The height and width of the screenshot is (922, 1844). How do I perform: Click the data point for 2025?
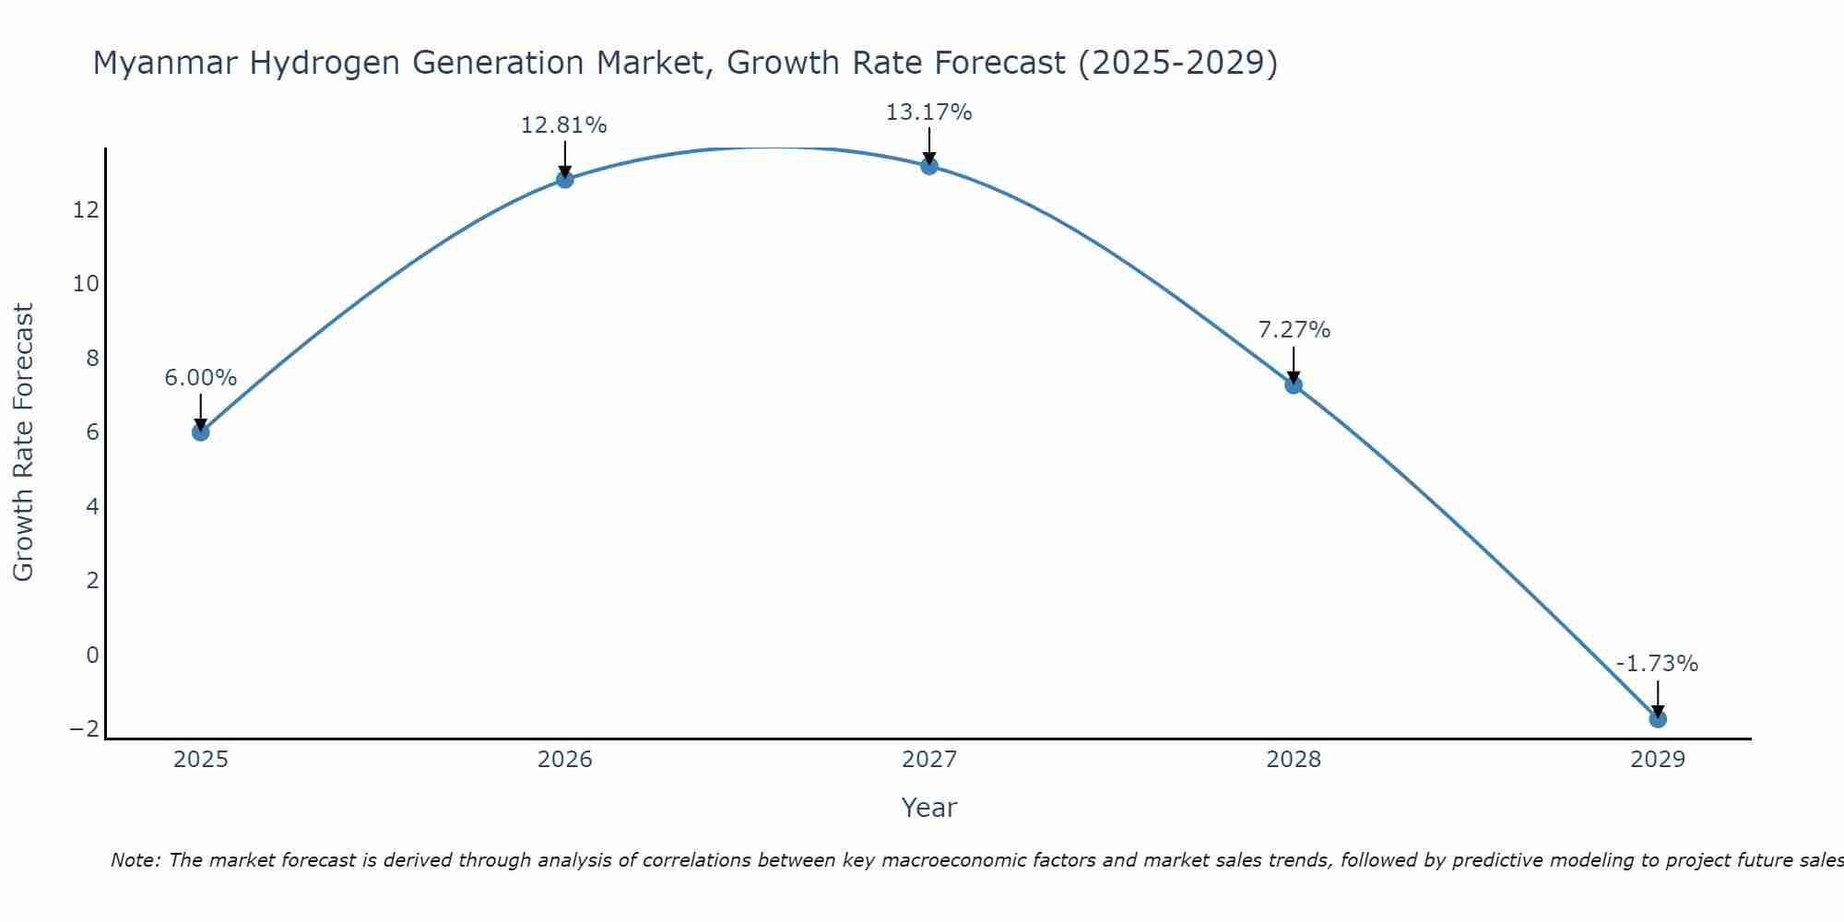[201, 431]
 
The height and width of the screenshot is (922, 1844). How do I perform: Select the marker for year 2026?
[565, 179]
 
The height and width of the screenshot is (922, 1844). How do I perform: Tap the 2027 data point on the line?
[929, 166]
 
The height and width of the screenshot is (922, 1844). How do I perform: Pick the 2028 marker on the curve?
[1294, 384]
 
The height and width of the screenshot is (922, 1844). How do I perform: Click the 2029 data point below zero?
[1658, 718]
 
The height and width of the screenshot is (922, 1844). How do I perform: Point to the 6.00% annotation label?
[201, 378]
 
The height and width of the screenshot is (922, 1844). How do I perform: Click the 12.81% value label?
[564, 125]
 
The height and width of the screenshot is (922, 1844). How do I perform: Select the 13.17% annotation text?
[928, 112]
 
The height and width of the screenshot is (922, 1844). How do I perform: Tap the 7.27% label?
[1294, 330]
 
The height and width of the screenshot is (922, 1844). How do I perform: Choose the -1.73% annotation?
[1657, 664]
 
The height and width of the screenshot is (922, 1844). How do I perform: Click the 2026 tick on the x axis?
[565, 760]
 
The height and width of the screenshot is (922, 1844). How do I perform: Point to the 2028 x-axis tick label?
[1294, 760]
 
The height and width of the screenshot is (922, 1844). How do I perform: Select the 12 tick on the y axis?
[86, 210]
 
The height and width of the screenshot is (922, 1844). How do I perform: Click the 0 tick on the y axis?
[92, 655]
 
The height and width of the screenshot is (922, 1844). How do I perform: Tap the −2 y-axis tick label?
[84, 728]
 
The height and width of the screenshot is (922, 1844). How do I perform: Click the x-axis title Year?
[929, 808]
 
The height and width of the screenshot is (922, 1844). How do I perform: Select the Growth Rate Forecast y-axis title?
[23, 442]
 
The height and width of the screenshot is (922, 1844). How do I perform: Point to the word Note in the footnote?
[136, 860]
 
